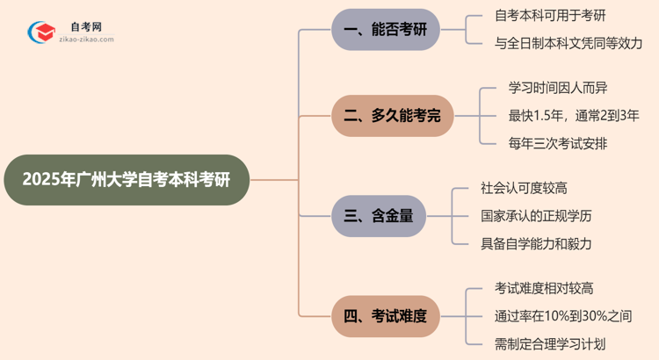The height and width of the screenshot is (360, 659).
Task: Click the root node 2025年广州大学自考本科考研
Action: (x=126, y=180)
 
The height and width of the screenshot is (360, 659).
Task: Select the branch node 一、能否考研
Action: (x=385, y=30)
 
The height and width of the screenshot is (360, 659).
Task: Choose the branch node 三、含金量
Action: (x=379, y=215)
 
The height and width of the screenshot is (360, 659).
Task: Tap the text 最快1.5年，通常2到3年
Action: (x=573, y=115)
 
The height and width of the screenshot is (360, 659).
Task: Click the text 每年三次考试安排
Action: (x=557, y=143)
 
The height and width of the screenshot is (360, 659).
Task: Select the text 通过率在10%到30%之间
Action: (x=563, y=316)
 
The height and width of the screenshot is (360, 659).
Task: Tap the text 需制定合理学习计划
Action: (x=550, y=343)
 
